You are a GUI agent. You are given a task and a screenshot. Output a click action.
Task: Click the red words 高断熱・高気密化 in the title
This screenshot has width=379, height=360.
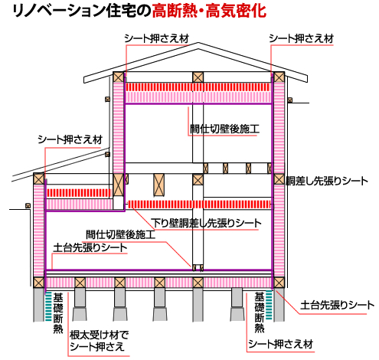(x=209, y=11)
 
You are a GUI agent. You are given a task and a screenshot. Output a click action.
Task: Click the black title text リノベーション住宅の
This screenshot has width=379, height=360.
(x=82, y=11)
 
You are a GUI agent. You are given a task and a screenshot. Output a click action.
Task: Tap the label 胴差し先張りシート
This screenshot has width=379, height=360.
(x=327, y=181)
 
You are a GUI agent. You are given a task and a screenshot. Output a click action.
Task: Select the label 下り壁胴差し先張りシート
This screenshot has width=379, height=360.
(x=206, y=223)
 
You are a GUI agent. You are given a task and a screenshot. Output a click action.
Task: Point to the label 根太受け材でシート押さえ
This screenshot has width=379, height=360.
(x=99, y=341)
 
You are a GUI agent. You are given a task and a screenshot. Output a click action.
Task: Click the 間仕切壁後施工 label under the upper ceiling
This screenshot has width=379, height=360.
(x=224, y=129)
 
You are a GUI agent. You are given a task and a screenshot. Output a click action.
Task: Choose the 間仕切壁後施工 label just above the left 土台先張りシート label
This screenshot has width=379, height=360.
(x=120, y=234)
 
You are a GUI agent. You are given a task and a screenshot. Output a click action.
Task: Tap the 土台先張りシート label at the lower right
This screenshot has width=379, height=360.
(x=337, y=305)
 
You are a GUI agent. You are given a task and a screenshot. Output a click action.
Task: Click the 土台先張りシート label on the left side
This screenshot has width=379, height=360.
(x=90, y=247)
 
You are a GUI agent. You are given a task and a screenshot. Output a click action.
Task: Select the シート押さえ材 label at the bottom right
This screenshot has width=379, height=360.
(x=280, y=344)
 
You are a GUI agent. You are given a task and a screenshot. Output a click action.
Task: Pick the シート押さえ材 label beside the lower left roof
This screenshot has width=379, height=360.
(x=70, y=139)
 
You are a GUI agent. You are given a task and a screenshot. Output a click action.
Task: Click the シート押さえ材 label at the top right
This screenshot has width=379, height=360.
(x=301, y=38)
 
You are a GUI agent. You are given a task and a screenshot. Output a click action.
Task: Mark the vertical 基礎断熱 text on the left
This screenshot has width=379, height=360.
(x=58, y=313)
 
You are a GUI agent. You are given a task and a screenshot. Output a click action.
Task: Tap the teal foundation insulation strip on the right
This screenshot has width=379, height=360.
(x=269, y=305)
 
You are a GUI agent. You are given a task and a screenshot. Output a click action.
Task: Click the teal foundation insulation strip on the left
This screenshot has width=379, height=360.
(x=48, y=306)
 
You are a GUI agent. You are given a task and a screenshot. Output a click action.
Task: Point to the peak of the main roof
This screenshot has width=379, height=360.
(x=198, y=43)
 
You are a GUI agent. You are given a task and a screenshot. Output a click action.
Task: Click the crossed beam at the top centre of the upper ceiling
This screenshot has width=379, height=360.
(x=198, y=77)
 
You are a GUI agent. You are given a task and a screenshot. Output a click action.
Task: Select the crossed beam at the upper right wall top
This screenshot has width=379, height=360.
(x=279, y=77)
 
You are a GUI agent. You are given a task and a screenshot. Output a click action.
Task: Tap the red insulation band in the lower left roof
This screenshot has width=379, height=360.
(x=79, y=193)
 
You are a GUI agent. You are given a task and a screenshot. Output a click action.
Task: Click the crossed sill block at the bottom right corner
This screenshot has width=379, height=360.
(x=279, y=283)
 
